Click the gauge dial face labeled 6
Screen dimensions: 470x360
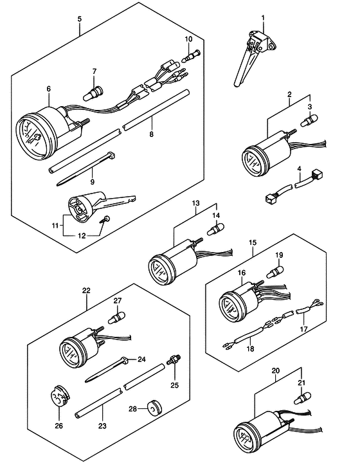[x=32, y=137]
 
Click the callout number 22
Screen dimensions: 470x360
[x=86, y=291]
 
